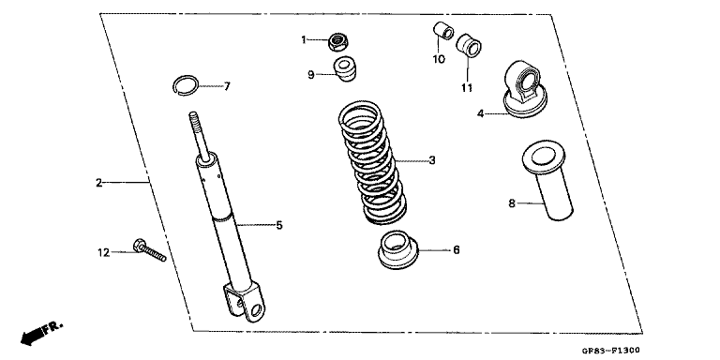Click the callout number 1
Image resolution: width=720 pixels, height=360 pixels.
click(x=304, y=39)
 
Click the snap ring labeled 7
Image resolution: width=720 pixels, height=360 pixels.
click(x=188, y=84)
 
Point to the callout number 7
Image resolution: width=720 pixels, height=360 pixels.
click(x=226, y=86)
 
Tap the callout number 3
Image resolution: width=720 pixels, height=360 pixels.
click(x=432, y=160)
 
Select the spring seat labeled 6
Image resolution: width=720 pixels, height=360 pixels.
click(x=398, y=249)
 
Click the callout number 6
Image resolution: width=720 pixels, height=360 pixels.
click(x=456, y=250)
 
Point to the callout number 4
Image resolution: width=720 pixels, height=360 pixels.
click(x=479, y=114)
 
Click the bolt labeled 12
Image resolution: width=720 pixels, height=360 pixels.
click(x=150, y=251)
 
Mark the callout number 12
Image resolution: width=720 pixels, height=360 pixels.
click(x=105, y=252)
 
